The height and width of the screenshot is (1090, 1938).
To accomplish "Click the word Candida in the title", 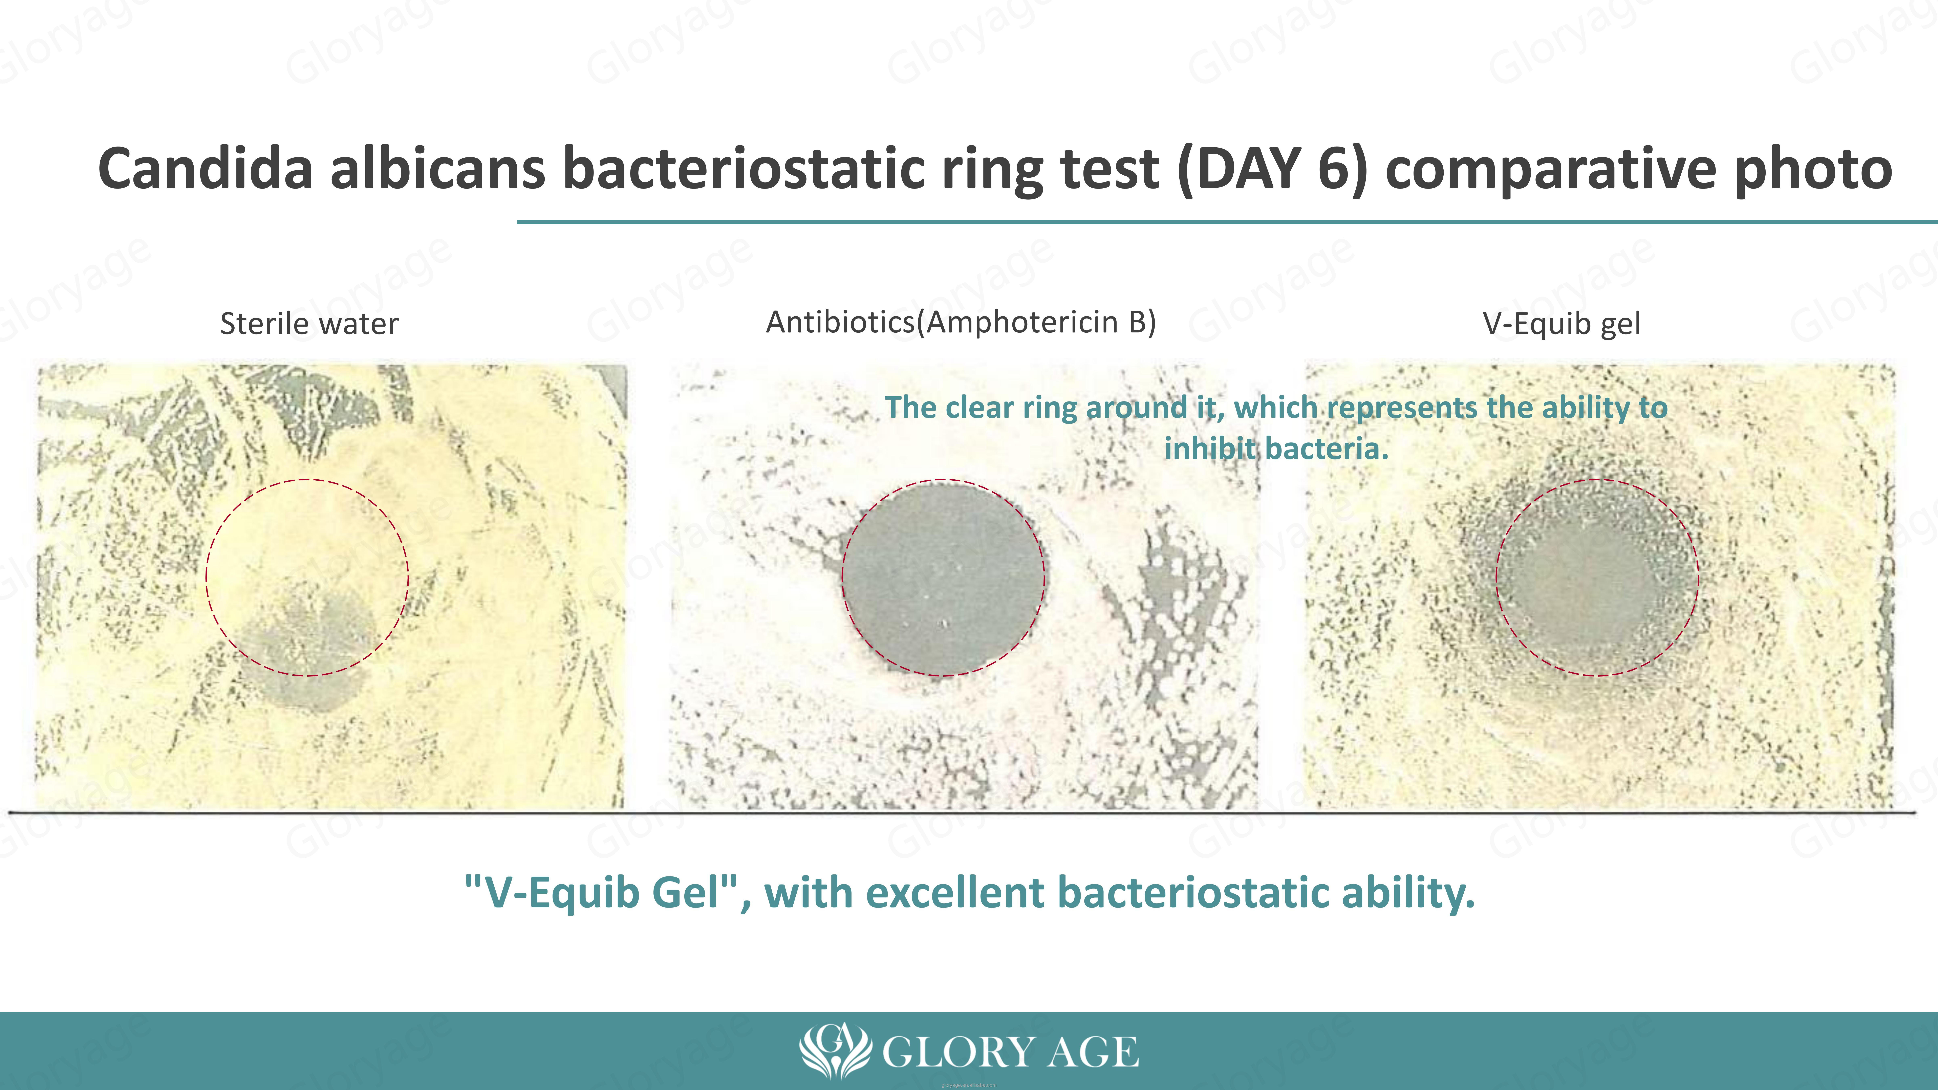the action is (x=205, y=168).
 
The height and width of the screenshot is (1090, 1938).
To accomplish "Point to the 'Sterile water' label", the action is (x=309, y=323).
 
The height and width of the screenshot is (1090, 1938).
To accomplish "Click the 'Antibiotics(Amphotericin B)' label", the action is (x=961, y=322).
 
